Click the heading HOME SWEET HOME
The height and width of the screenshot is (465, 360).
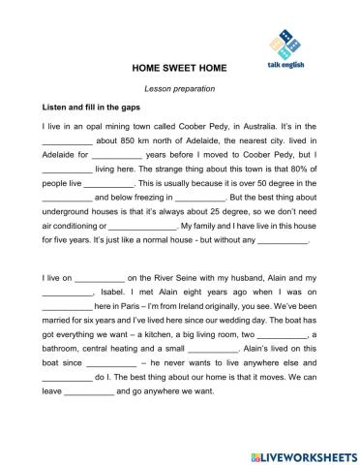(x=179, y=70)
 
